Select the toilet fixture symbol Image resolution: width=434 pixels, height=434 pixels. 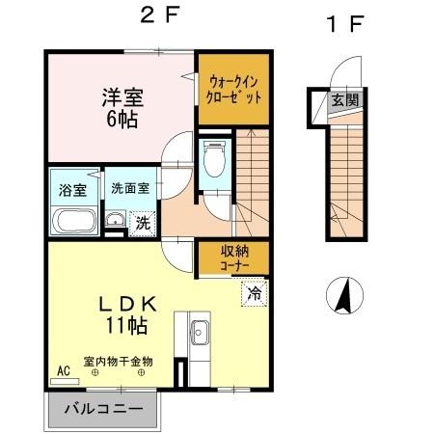click(213, 158)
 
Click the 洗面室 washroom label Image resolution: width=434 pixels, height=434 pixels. click(128, 189)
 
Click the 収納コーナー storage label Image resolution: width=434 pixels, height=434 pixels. click(230, 258)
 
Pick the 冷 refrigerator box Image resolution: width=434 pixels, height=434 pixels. click(254, 288)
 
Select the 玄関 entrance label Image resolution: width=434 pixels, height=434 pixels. click(344, 99)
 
